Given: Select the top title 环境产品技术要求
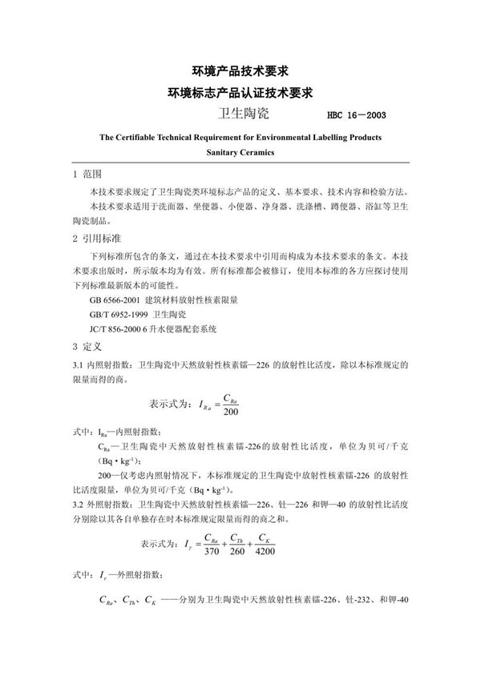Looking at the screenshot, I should click(x=240, y=70).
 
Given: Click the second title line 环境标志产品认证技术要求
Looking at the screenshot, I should click(x=240, y=92).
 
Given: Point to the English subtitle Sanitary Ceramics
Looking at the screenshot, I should click(x=240, y=151).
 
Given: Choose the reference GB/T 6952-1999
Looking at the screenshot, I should click(x=123, y=313).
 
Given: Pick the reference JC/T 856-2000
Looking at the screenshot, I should click(x=122, y=328).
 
